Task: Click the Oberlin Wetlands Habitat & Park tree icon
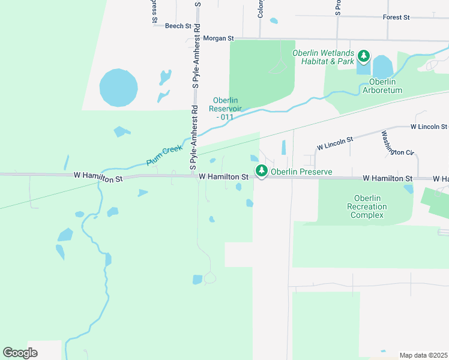pyautogui.click(x=364, y=57)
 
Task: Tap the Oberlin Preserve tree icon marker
pyautogui.click(x=262, y=172)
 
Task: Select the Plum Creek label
pyautogui.click(x=164, y=154)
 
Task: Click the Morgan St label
pyautogui.click(x=218, y=38)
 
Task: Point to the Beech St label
pyautogui.click(x=178, y=26)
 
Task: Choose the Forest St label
pyautogui.click(x=396, y=17)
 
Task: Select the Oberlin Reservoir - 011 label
pyautogui.click(x=225, y=109)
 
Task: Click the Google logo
pyautogui.click(x=20, y=352)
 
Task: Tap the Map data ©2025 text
pyautogui.click(x=423, y=355)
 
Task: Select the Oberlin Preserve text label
pyautogui.click(x=301, y=172)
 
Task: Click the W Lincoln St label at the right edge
pyautogui.click(x=429, y=127)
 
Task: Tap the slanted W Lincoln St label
pyautogui.click(x=335, y=142)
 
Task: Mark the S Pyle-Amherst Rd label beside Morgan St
pyautogui.click(x=197, y=45)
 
